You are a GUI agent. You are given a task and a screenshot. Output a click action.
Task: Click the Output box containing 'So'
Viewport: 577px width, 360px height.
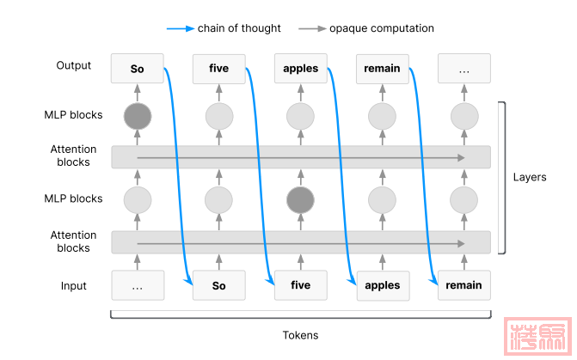(137, 68)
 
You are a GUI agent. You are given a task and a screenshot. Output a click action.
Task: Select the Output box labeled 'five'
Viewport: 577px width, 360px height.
(218, 68)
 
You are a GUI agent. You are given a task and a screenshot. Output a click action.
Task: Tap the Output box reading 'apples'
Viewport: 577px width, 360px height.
(300, 68)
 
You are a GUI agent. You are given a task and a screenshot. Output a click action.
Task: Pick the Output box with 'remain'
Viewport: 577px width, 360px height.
(382, 68)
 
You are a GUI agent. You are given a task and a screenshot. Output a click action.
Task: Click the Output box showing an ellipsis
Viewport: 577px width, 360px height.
(463, 68)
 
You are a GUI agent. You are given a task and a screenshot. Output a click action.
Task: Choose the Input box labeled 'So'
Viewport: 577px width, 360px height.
(218, 285)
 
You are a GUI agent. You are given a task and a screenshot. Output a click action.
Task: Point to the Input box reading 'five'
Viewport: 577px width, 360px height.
(300, 285)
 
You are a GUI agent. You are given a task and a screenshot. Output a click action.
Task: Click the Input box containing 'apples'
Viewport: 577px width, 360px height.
(382, 285)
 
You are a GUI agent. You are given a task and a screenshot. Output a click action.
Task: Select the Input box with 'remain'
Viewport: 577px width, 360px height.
(463, 285)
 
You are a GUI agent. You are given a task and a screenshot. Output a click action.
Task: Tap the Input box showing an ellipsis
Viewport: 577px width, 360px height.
(137, 285)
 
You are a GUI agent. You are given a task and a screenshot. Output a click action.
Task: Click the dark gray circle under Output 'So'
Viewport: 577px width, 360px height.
(137, 115)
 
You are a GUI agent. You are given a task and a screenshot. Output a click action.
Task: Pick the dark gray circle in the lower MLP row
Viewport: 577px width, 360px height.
(300, 200)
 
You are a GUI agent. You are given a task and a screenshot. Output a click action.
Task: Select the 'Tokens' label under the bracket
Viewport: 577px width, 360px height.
(300, 335)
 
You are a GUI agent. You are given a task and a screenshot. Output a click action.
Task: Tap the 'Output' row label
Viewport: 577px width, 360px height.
(73, 66)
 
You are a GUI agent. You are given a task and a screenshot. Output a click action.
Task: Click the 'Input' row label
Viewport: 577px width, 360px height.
(73, 285)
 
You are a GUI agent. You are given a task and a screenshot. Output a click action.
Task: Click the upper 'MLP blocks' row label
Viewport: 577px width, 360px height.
(73, 115)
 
